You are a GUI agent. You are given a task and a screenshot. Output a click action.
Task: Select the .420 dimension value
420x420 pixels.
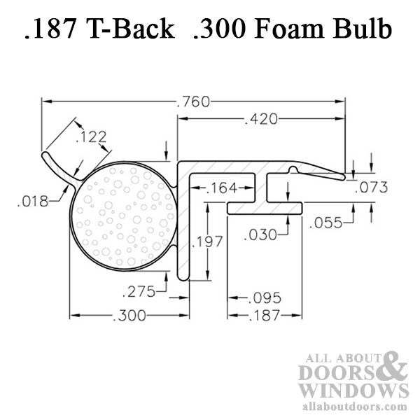click(x=261, y=120)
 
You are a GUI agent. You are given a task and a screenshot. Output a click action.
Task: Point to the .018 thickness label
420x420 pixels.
click(x=33, y=202)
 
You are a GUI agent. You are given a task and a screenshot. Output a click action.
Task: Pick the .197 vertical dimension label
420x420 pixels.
click(x=209, y=241)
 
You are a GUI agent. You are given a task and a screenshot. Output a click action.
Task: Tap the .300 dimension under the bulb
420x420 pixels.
click(x=130, y=316)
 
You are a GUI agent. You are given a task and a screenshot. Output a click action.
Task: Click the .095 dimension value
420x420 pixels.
click(x=265, y=299)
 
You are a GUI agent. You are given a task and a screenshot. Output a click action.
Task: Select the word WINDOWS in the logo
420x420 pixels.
click(x=353, y=390)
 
